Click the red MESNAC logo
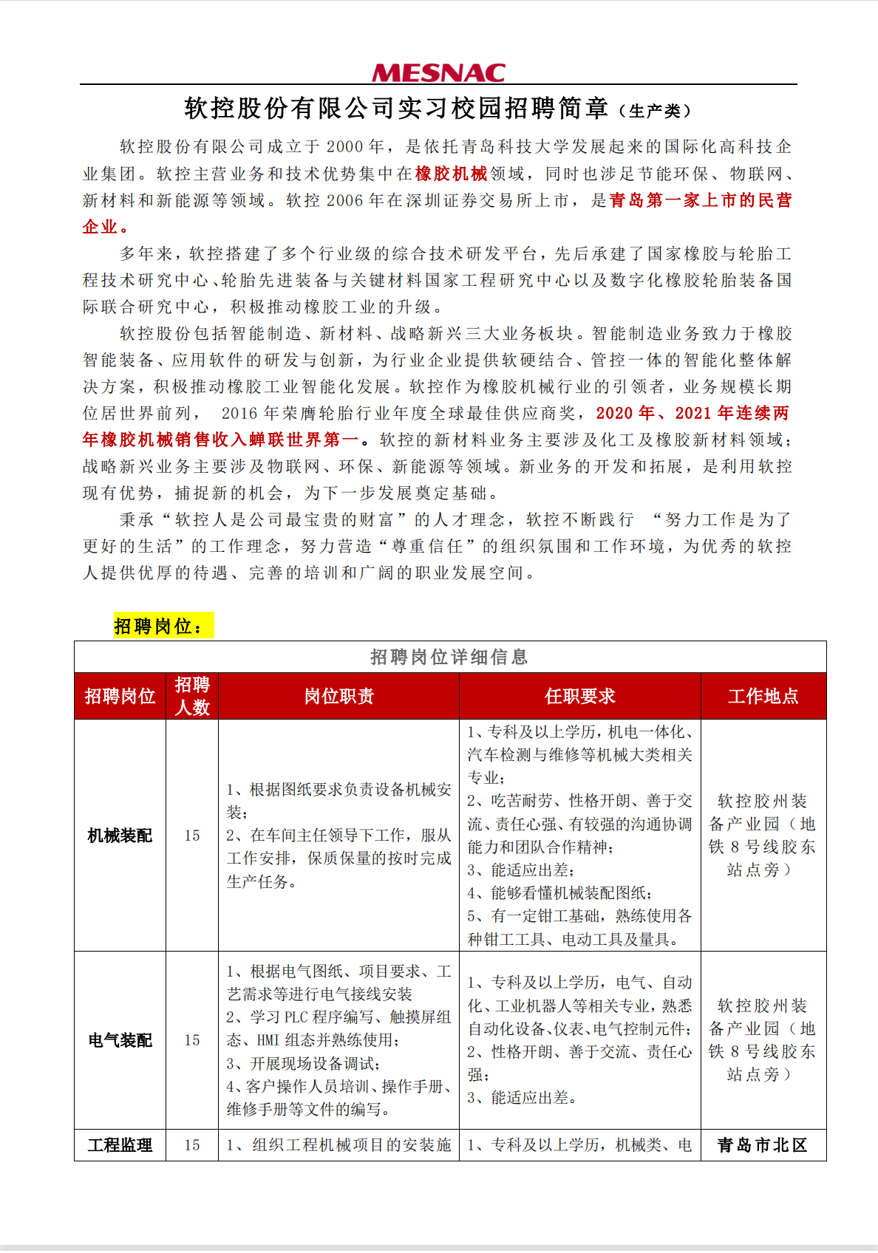(438, 72)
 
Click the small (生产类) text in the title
(656, 111)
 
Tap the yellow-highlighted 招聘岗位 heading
(163, 626)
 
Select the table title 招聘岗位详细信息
(449, 657)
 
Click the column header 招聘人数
(192, 696)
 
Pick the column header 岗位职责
(339, 696)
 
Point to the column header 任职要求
(580, 696)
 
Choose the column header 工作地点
(763, 696)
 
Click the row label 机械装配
(120, 836)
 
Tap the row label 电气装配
(120, 1040)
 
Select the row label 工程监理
(120, 1145)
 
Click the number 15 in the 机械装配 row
(192, 836)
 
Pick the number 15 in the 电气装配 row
(192, 1040)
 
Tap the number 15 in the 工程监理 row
(192, 1145)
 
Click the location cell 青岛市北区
(763, 1145)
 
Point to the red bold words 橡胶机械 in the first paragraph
(451, 174)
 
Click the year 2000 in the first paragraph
(345, 147)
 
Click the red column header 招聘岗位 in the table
(120, 696)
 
